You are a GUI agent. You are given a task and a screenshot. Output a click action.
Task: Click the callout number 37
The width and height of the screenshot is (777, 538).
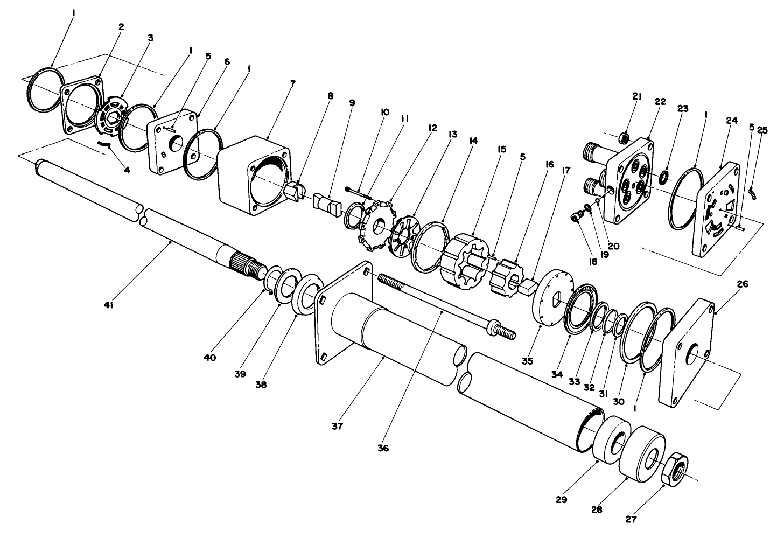[337, 426]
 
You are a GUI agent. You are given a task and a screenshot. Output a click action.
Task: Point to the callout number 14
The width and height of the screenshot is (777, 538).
[473, 141]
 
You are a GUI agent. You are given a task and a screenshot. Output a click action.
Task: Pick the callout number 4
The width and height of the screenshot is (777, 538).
[127, 170]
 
